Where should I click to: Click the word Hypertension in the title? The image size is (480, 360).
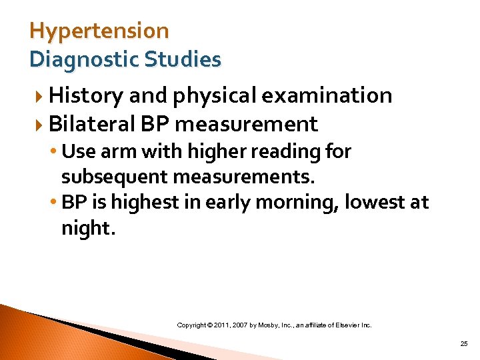point(99,31)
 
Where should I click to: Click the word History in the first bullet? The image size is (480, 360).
point(86,96)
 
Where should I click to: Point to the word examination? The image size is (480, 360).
point(327,96)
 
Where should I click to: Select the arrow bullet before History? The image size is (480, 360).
point(41,97)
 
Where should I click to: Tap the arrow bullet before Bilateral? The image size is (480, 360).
point(41,125)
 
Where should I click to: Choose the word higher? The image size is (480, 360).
point(204,152)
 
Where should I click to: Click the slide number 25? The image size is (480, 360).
point(464,344)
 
